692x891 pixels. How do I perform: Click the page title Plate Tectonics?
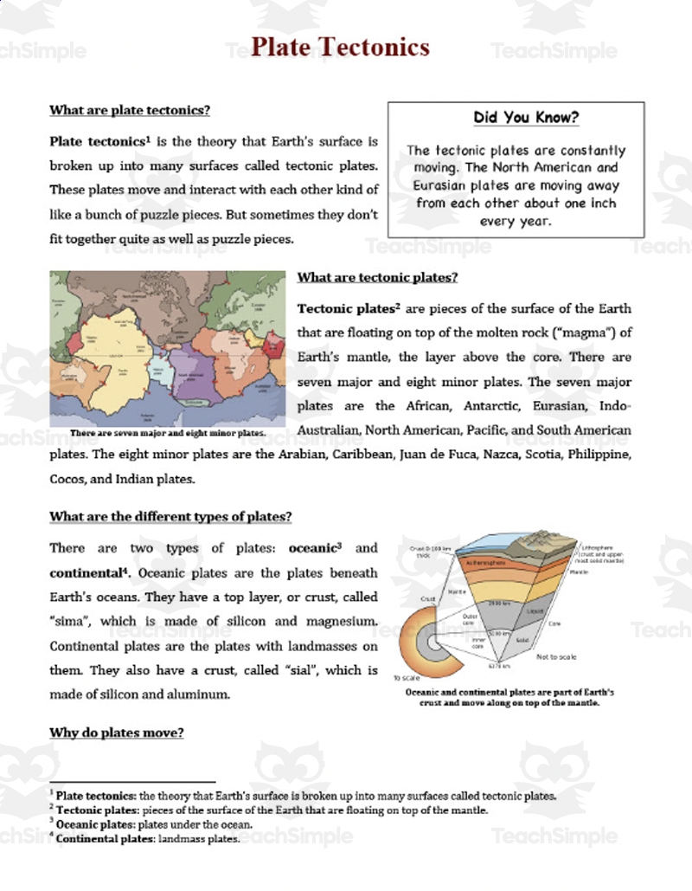pyautogui.click(x=340, y=47)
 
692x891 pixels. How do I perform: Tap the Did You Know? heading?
pyautogui.click(x=515, y=117)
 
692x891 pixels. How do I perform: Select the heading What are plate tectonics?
pyautogui.click(x=130, y=110)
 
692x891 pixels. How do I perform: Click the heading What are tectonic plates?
pyautogui.click(x=377, y=277)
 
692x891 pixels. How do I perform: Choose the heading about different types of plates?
pyautogui.click(x=170, y=517)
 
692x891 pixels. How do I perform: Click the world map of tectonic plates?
pyautogui.click(x=167, y=346)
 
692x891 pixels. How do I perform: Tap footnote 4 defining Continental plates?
pyautogui.click(x=147, y=838)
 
